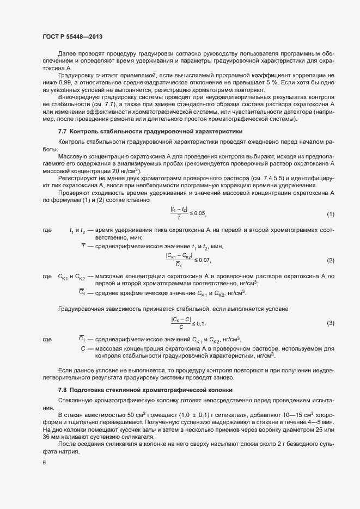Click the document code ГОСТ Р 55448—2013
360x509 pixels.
coord(72,36)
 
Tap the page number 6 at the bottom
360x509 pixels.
coord(44,463)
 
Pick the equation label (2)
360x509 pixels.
coord(330,261)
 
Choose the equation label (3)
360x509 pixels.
coord(330,324)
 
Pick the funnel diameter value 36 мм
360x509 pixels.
coord(51,437)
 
